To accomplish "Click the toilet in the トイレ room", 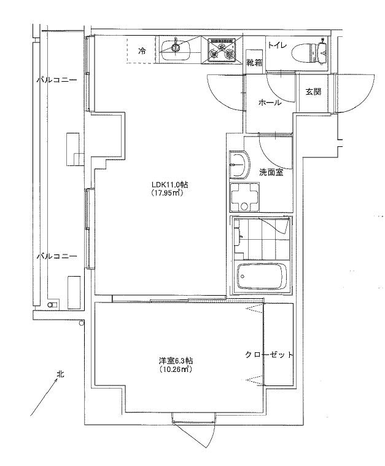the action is pyautogui.click(x=309, y=53).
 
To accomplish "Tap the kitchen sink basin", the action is pyautogui.click(x=176, y=49).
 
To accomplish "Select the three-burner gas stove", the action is pyautogui.click(x=222, y=49).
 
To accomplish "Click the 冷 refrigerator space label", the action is pyautogui.click(x=142, y=51).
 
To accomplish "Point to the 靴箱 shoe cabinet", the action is pyautogui.click(x=254, y=62).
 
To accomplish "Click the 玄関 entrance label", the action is pyautogui.click(x=313, y=92).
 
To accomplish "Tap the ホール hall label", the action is pyautogui.click(x=270, y=103).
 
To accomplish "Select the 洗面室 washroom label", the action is pyautogui.click(x=271, y=172).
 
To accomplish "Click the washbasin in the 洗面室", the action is pyautogui.click(x=239, y=165).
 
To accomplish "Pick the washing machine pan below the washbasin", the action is pyautogui.click(x=244, y=197).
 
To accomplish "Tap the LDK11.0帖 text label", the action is pyautogui.click(x=169, y=185).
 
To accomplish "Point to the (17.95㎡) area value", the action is pyautogui.click(x=167, y=193).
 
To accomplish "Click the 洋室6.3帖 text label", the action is pyautogui.click(x=176, y=361).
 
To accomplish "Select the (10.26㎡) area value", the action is pyautogui.click(x=175, y=369).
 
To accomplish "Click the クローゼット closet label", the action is pyautogui.click(x=269, y=355).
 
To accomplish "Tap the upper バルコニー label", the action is pyautogui.click(x=56, y=80).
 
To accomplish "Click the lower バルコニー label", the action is pyautogui.click(x=56, y=256).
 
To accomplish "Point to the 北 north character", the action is pyautogui.click(x=61, y=374).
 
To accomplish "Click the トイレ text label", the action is pyautogui.click(x=278, y=45).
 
